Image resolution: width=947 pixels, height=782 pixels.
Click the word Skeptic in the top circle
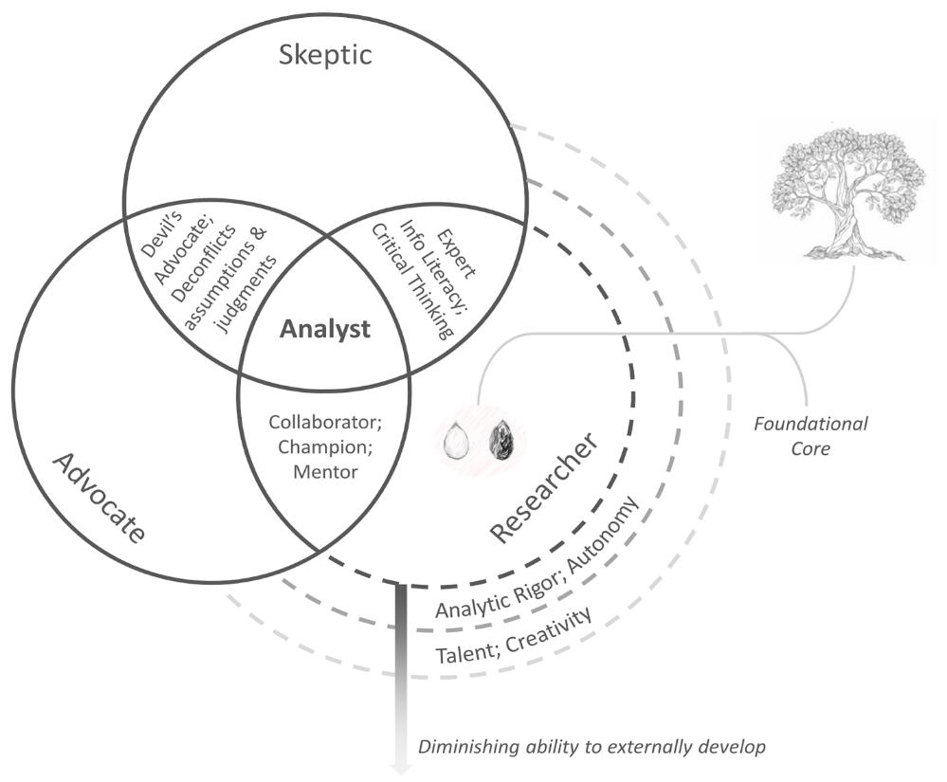coord(325,54)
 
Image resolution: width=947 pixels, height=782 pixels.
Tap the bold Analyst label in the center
coord(324,331)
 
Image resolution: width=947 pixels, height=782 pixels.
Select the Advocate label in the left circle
coord(100,497)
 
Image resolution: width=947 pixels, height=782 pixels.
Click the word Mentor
coord(325,470)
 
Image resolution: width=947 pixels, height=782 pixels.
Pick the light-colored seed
coord(460,443)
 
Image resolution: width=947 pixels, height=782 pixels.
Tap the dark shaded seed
coord(500,441)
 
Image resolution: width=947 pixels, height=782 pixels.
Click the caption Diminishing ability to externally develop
coord(591,746)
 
